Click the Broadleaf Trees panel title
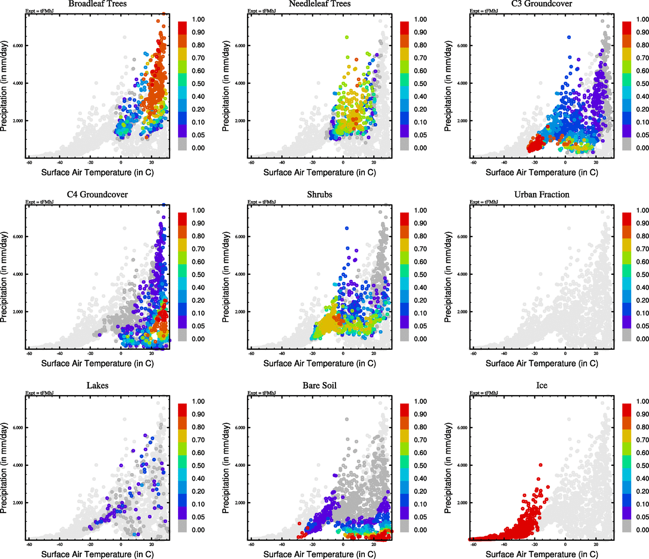click(x=97, y=4)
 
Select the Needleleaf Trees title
click(x=319, y=4)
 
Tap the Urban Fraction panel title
click(x=541, y=195)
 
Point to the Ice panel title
click(x=541, y=386)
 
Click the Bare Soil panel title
click(x=319, y=386)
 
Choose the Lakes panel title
click(x=97, y=386)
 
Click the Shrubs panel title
click(x=319, y=195)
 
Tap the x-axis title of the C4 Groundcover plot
click(x=97, y=363)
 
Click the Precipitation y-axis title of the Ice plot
click(x=448, y=468)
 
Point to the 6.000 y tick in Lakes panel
click(x=18, y=428)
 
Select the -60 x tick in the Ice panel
click(x=473, y=544)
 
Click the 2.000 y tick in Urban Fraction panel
click(x=462, y=312)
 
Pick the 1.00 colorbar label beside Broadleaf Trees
click(x=198, y=20)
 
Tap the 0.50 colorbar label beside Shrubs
click(x=420, y=275)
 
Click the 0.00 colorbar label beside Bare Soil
click(x=420, y=530)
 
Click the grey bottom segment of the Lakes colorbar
click(x=182, y=526)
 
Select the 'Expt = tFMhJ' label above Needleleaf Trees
click(x=261, y=11)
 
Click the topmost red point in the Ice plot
click(x=540, y=465)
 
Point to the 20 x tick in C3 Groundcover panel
click(x=596, y=163)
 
